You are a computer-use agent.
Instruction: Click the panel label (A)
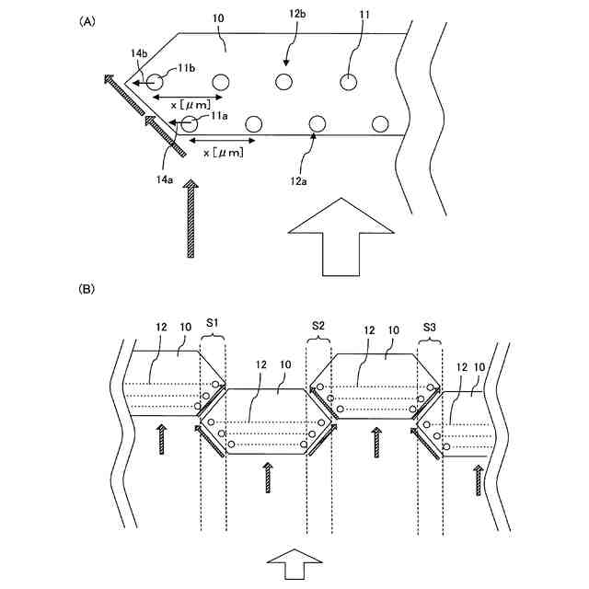point(87,19)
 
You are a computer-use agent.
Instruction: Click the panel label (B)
point(87,289)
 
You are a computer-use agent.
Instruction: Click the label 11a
point(219,116)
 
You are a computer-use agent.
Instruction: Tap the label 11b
point(186,68)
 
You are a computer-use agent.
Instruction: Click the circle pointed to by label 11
point(349,82)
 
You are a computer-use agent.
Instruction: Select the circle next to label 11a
point(191,123)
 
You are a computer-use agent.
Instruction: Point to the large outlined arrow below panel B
point(294,562)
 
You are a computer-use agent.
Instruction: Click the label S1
point(212,325)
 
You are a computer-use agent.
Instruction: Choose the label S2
point(318,325)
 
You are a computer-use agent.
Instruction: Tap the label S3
point(430,325)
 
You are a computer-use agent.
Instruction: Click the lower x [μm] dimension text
point(223,153)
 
